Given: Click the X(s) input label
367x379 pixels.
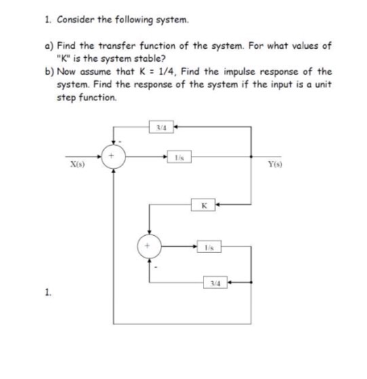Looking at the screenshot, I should coord(76,164).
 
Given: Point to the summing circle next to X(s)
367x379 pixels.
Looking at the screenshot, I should coord(113,155).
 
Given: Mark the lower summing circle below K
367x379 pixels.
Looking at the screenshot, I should coord(149,245).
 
